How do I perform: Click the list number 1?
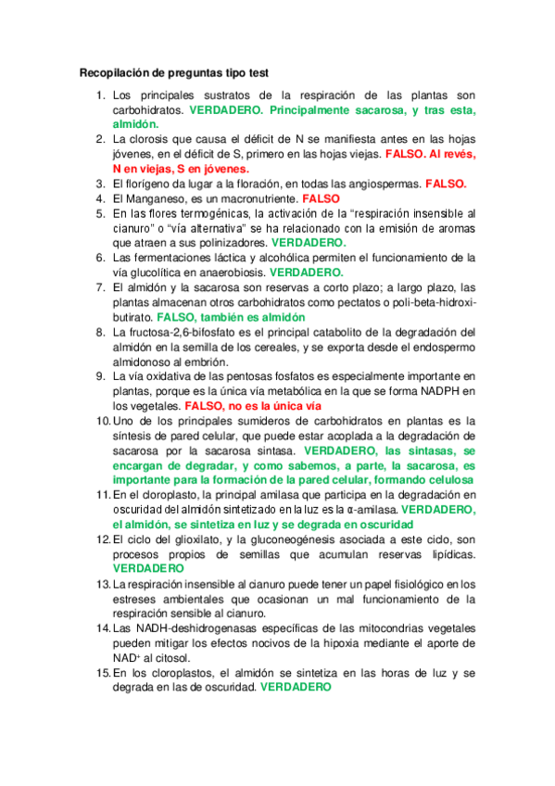click(101, 95)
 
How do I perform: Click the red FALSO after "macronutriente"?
click(321, 198)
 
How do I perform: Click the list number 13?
click(101, 584)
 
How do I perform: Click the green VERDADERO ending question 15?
click(296, 688)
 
